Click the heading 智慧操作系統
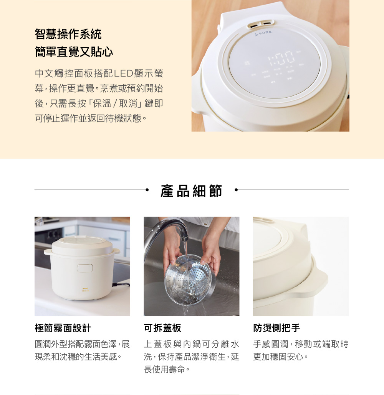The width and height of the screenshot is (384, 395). (68, 34)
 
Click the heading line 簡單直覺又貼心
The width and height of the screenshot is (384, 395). (74, 52)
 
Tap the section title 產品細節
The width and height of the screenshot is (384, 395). (191, 191)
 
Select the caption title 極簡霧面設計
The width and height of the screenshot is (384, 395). (63, 328)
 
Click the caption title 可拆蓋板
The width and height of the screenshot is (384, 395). (162, 328)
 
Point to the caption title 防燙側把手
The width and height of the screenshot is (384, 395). (276, 328)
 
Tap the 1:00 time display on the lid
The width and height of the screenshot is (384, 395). (281, 57)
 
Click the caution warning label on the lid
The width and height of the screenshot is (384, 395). (263, 33)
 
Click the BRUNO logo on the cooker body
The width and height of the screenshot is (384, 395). (85, 290)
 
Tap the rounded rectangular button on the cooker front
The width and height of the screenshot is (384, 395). (85, 268)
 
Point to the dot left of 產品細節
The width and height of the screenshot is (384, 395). (147, 190)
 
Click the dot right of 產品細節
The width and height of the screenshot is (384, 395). (236, 190)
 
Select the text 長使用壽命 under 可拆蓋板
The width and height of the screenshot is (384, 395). (165, 369)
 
